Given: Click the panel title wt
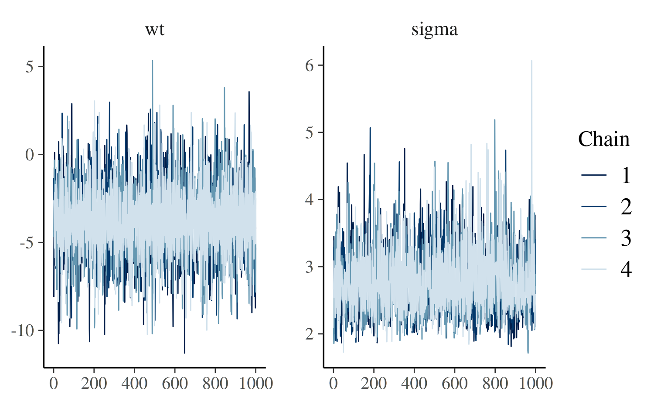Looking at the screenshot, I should pos(155,30).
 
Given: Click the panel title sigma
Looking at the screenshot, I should pos(435,30).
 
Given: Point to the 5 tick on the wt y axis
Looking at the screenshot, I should pos(30,67).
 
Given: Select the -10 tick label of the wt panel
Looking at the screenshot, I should pos(23,331).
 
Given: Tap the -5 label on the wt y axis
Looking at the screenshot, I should pos(27,243).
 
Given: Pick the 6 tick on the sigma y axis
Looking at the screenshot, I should pos(310,65).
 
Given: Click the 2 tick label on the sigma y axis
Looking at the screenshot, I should pos(310,334).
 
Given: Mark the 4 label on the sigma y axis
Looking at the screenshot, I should pos(310,200).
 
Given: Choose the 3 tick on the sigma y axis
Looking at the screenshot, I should pos(310,267).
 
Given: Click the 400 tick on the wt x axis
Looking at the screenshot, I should pos(134,384).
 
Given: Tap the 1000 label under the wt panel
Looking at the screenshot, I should pos(256,384).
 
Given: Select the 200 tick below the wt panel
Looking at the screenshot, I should pos(94,384).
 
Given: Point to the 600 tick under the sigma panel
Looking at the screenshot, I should pos(455,384).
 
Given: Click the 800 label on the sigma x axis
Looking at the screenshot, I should pos(495,384).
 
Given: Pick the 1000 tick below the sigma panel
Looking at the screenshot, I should pos(536,384).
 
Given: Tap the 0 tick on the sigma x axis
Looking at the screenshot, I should pos(334,384).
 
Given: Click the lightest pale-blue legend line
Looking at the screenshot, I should pos(594,269).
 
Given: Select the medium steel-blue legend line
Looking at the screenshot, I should pos(594,238).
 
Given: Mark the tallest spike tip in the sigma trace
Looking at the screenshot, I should pos(532,61).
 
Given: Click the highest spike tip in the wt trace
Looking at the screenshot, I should pos(153,61).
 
